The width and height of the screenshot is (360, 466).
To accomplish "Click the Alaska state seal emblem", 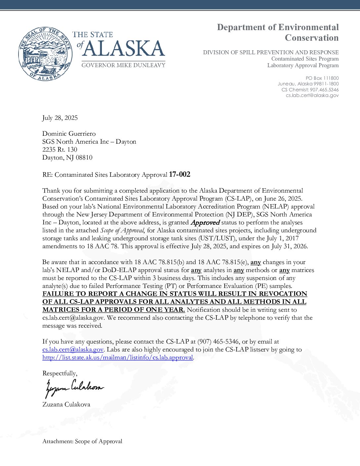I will [45, 54].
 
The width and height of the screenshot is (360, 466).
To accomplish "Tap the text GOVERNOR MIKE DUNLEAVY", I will [123, 65].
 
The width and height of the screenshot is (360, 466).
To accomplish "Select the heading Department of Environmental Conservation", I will [278, 32].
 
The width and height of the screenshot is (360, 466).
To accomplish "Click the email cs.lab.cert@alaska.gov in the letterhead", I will [312, 95].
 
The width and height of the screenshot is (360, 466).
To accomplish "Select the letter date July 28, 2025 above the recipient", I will [60, 118].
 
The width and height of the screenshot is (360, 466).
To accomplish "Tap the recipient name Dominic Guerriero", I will [69, 134].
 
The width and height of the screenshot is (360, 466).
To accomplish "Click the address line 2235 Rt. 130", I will [60, 150].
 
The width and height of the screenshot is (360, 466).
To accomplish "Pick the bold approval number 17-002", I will [179, 174].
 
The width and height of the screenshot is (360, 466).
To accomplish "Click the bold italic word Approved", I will [205, 222].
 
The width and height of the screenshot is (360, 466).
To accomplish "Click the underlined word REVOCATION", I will [283, 294].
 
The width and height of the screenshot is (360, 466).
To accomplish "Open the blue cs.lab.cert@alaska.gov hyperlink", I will [73, 349].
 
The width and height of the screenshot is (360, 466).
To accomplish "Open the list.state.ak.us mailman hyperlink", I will [117, 357].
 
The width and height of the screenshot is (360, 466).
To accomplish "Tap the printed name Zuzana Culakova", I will [66, 404].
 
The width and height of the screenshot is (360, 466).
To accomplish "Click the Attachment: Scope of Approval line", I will [82, 441].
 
